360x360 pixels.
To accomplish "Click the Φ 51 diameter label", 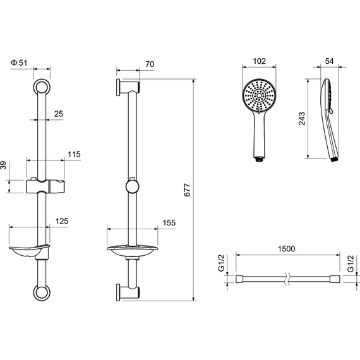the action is (x=19, y=63).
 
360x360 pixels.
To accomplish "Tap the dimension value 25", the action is (x=59, y=114).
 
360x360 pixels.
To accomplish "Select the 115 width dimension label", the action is (x=74, y=154).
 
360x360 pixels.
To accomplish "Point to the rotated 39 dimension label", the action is (x=3, y=165).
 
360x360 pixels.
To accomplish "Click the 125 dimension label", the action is (x=62, y=221).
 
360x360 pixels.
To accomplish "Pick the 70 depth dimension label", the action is (x=150, y=64).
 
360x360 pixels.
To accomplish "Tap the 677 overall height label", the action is (x=188, y=189).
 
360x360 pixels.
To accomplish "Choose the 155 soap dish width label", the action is (x=169, y=223).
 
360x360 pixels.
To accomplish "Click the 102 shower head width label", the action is (x=259, y=61).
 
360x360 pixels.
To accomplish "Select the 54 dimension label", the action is (x=330, y=61).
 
